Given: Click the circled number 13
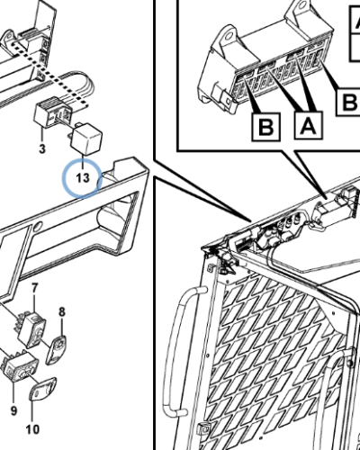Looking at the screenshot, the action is [83, 178].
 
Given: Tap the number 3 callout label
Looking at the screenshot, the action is [42, 148].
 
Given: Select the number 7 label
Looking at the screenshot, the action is [35, 289].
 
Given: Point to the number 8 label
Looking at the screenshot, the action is [61, 311].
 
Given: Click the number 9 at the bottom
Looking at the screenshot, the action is [13, 410].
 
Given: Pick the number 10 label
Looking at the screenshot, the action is [32, 429].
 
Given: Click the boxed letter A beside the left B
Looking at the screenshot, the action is [309, 126].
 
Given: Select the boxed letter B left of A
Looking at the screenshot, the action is [266, 127].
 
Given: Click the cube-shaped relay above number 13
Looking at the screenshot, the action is [85, 139].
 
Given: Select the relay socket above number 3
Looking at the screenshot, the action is [53, 112].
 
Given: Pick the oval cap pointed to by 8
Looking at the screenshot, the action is [56, 349].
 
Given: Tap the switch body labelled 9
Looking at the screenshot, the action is [20, 366].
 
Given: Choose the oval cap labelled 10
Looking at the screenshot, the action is [42, 389].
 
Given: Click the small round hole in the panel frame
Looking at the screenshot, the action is [38, 226].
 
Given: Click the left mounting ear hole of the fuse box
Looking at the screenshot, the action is [229, 36].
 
